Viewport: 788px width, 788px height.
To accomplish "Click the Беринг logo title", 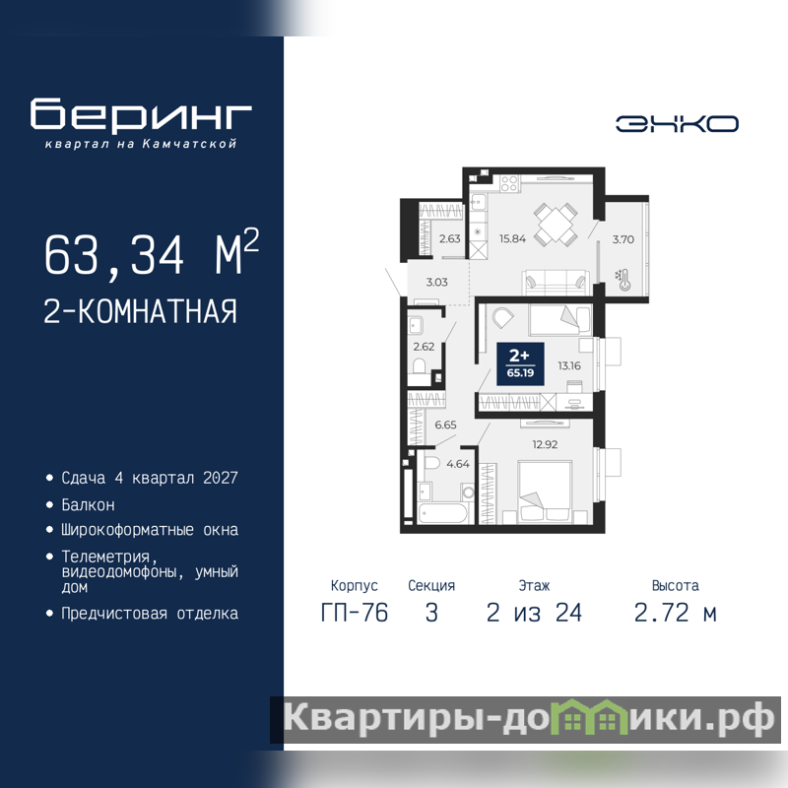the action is coord(141,114).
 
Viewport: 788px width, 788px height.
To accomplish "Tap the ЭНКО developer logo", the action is coord(677,124).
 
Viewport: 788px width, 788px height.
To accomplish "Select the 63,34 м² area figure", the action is coord(152,253).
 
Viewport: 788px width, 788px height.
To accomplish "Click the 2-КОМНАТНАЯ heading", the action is coord(140,311).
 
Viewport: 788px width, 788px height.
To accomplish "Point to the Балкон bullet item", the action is coord(88,504).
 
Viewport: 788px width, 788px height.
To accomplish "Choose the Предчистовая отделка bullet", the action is coord(150,614).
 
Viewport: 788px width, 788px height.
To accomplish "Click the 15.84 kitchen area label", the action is coord(512,238).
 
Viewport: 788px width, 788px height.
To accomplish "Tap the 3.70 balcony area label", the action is coord(624,239).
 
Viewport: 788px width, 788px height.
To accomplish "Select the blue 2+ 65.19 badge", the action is coord(520,364).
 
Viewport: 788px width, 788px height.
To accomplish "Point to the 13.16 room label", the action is coord(569,365).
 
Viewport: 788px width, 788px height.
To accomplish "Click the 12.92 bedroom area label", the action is coord(545,444).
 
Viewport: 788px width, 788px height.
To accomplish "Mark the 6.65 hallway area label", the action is coord(445,426).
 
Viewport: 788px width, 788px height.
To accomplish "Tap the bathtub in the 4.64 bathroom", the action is coord(442,513).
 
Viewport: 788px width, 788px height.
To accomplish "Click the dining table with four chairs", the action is coord(556,225).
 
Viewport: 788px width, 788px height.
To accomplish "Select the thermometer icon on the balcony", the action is coord(623,281).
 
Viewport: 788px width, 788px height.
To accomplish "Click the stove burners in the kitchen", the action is coord(509,183).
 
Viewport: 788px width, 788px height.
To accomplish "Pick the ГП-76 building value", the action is coord(355,613).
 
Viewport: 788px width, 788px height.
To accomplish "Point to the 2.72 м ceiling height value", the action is coord(676,613).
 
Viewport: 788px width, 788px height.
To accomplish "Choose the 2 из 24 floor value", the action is coord(534,613).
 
